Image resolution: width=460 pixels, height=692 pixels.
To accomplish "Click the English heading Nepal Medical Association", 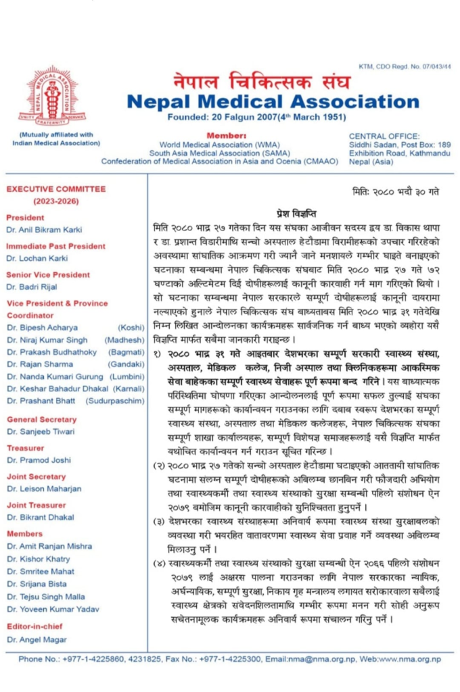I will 263,102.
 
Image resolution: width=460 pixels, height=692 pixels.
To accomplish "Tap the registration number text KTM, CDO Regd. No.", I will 405,66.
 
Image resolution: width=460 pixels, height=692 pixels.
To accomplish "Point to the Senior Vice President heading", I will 47,274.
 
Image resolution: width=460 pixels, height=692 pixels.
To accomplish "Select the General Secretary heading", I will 41,419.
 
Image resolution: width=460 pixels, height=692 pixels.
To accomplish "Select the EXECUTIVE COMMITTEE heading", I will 55,189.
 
